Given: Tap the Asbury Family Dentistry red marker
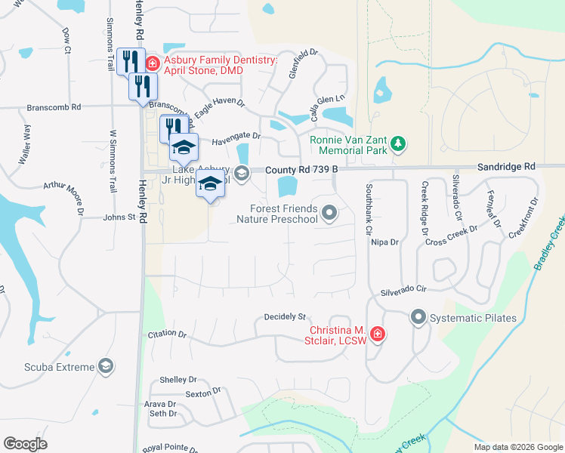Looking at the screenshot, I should [x=152, y=63].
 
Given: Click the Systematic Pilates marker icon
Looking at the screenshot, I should [x=418, y=318].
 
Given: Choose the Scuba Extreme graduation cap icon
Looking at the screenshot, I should [x=107, y=367].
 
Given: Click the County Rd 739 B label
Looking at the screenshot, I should [x=301, y=171].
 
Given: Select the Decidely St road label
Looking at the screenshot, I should [x=284, y=317].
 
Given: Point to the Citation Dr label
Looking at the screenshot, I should [x=167, y=333].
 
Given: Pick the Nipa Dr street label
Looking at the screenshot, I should [x=384, y=242].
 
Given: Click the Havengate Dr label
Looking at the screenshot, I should [x=236, y=137].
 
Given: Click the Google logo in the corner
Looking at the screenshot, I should [x=26, y=444].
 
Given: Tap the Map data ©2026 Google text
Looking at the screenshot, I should [x=517, y=447].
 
